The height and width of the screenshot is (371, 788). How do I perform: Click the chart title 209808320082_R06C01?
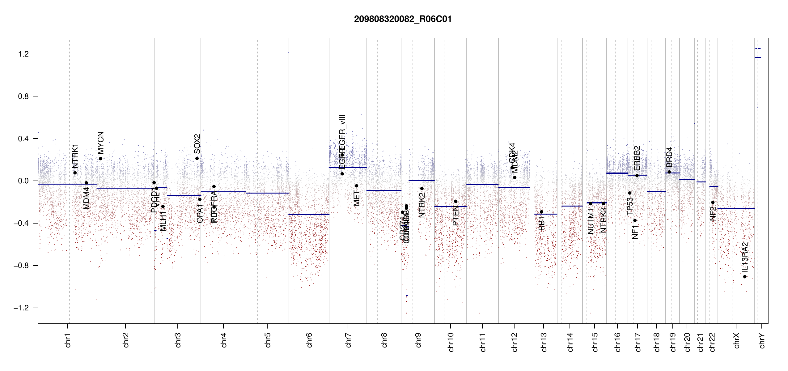pyautogui.click(x=403, y=19)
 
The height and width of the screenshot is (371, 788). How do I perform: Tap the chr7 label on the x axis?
pyautogui.click(x=348, y=340)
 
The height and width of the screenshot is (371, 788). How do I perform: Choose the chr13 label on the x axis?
pyautogui.click(x=544, y=342)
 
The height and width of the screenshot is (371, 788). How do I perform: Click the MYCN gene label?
pyautogui.click(x=101, y=143)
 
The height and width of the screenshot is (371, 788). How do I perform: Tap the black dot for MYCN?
pyautogui.click(x=100, y=159)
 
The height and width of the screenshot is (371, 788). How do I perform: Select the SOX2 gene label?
pyautogui.click(x=197, y=144)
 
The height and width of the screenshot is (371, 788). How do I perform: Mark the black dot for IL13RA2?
pyautogui.click(x=745, y=277)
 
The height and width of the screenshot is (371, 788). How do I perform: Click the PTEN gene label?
pyautogui.click(x=455, y=216)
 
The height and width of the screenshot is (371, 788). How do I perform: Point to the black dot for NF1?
pyautogui.click(x=635, y=220)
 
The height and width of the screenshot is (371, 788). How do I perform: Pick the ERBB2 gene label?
pyautogui.click(x=637, y=158)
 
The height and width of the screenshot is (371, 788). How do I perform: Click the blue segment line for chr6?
pyautogui.click(x=309, y=214)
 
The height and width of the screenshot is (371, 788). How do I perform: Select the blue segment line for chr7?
pyautogui.click(x=348, y=168)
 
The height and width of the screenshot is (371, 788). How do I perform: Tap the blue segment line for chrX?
pyautogui.click(x=736, y=208)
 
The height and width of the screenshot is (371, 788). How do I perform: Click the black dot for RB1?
pyautogui.click(x=541, y=212)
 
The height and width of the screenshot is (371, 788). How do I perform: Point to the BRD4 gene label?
pyautogui.click(x=669, y=157)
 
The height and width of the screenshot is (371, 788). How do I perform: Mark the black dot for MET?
pyautogui.click(x=356, y=186)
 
